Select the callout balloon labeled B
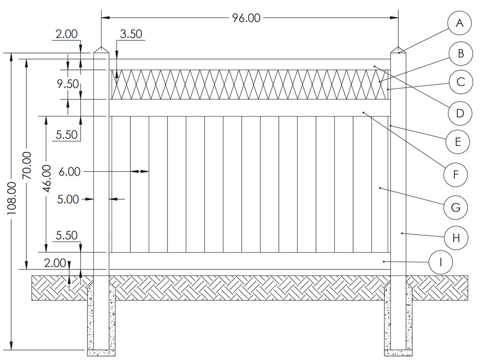coord(460,53)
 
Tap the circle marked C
coord(460,82)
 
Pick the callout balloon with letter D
coord(459,113)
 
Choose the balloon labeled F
coord(456,174)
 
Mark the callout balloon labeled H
coord(456,237)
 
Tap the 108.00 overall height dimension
coord(12,198)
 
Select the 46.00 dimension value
coord(47,178)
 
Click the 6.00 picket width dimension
coord(69,171)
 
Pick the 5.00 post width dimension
coord(67,199)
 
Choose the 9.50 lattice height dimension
coord(67,84)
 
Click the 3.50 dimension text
coord(130,34)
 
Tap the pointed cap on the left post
coord(101,50)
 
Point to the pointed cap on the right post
coord(398,50)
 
